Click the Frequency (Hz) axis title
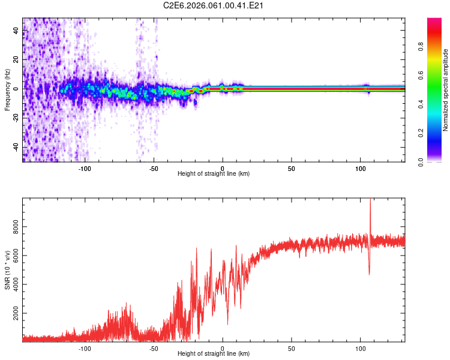click(8, 89)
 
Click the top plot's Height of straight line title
click(214, 173)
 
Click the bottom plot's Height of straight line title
click(214, 353)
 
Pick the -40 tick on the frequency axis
click(14, 148)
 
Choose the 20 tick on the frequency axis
click(16, 59)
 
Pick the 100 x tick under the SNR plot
click(361, 347)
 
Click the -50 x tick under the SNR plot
click(154, 347)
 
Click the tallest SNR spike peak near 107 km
click(370, 200)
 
